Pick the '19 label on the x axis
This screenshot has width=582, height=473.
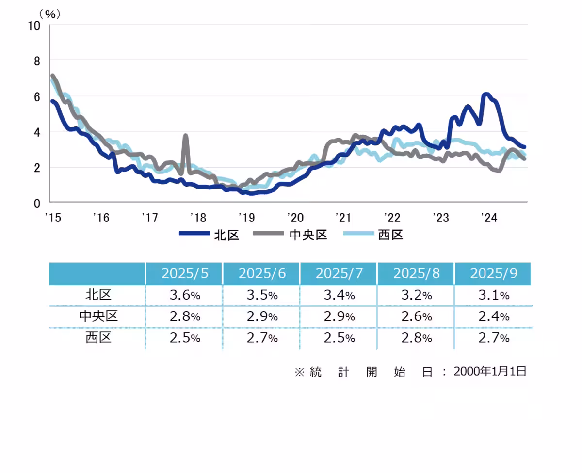(x=245, y=218)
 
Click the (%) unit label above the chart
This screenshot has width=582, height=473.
(x=49, y=15)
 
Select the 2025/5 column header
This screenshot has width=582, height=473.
(x=184, y=274)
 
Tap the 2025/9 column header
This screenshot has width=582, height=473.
(x=493, y=274)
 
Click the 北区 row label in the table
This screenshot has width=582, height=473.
(x=98, y=295)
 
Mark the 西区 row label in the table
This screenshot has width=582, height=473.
(x=98, y=338)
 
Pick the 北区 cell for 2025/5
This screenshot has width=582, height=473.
(x=184, y=295)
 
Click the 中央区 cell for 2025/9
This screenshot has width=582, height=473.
(x=493, y=317)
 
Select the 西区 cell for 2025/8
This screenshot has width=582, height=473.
(x=416, y=338)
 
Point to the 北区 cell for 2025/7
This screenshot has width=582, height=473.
(x=339, y=295)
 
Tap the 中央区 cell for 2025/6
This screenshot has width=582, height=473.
(x=262, y=317)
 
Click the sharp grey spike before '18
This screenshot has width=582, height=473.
(x=185, y=136)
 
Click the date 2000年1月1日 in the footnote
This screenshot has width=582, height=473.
(x=490, y=372)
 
